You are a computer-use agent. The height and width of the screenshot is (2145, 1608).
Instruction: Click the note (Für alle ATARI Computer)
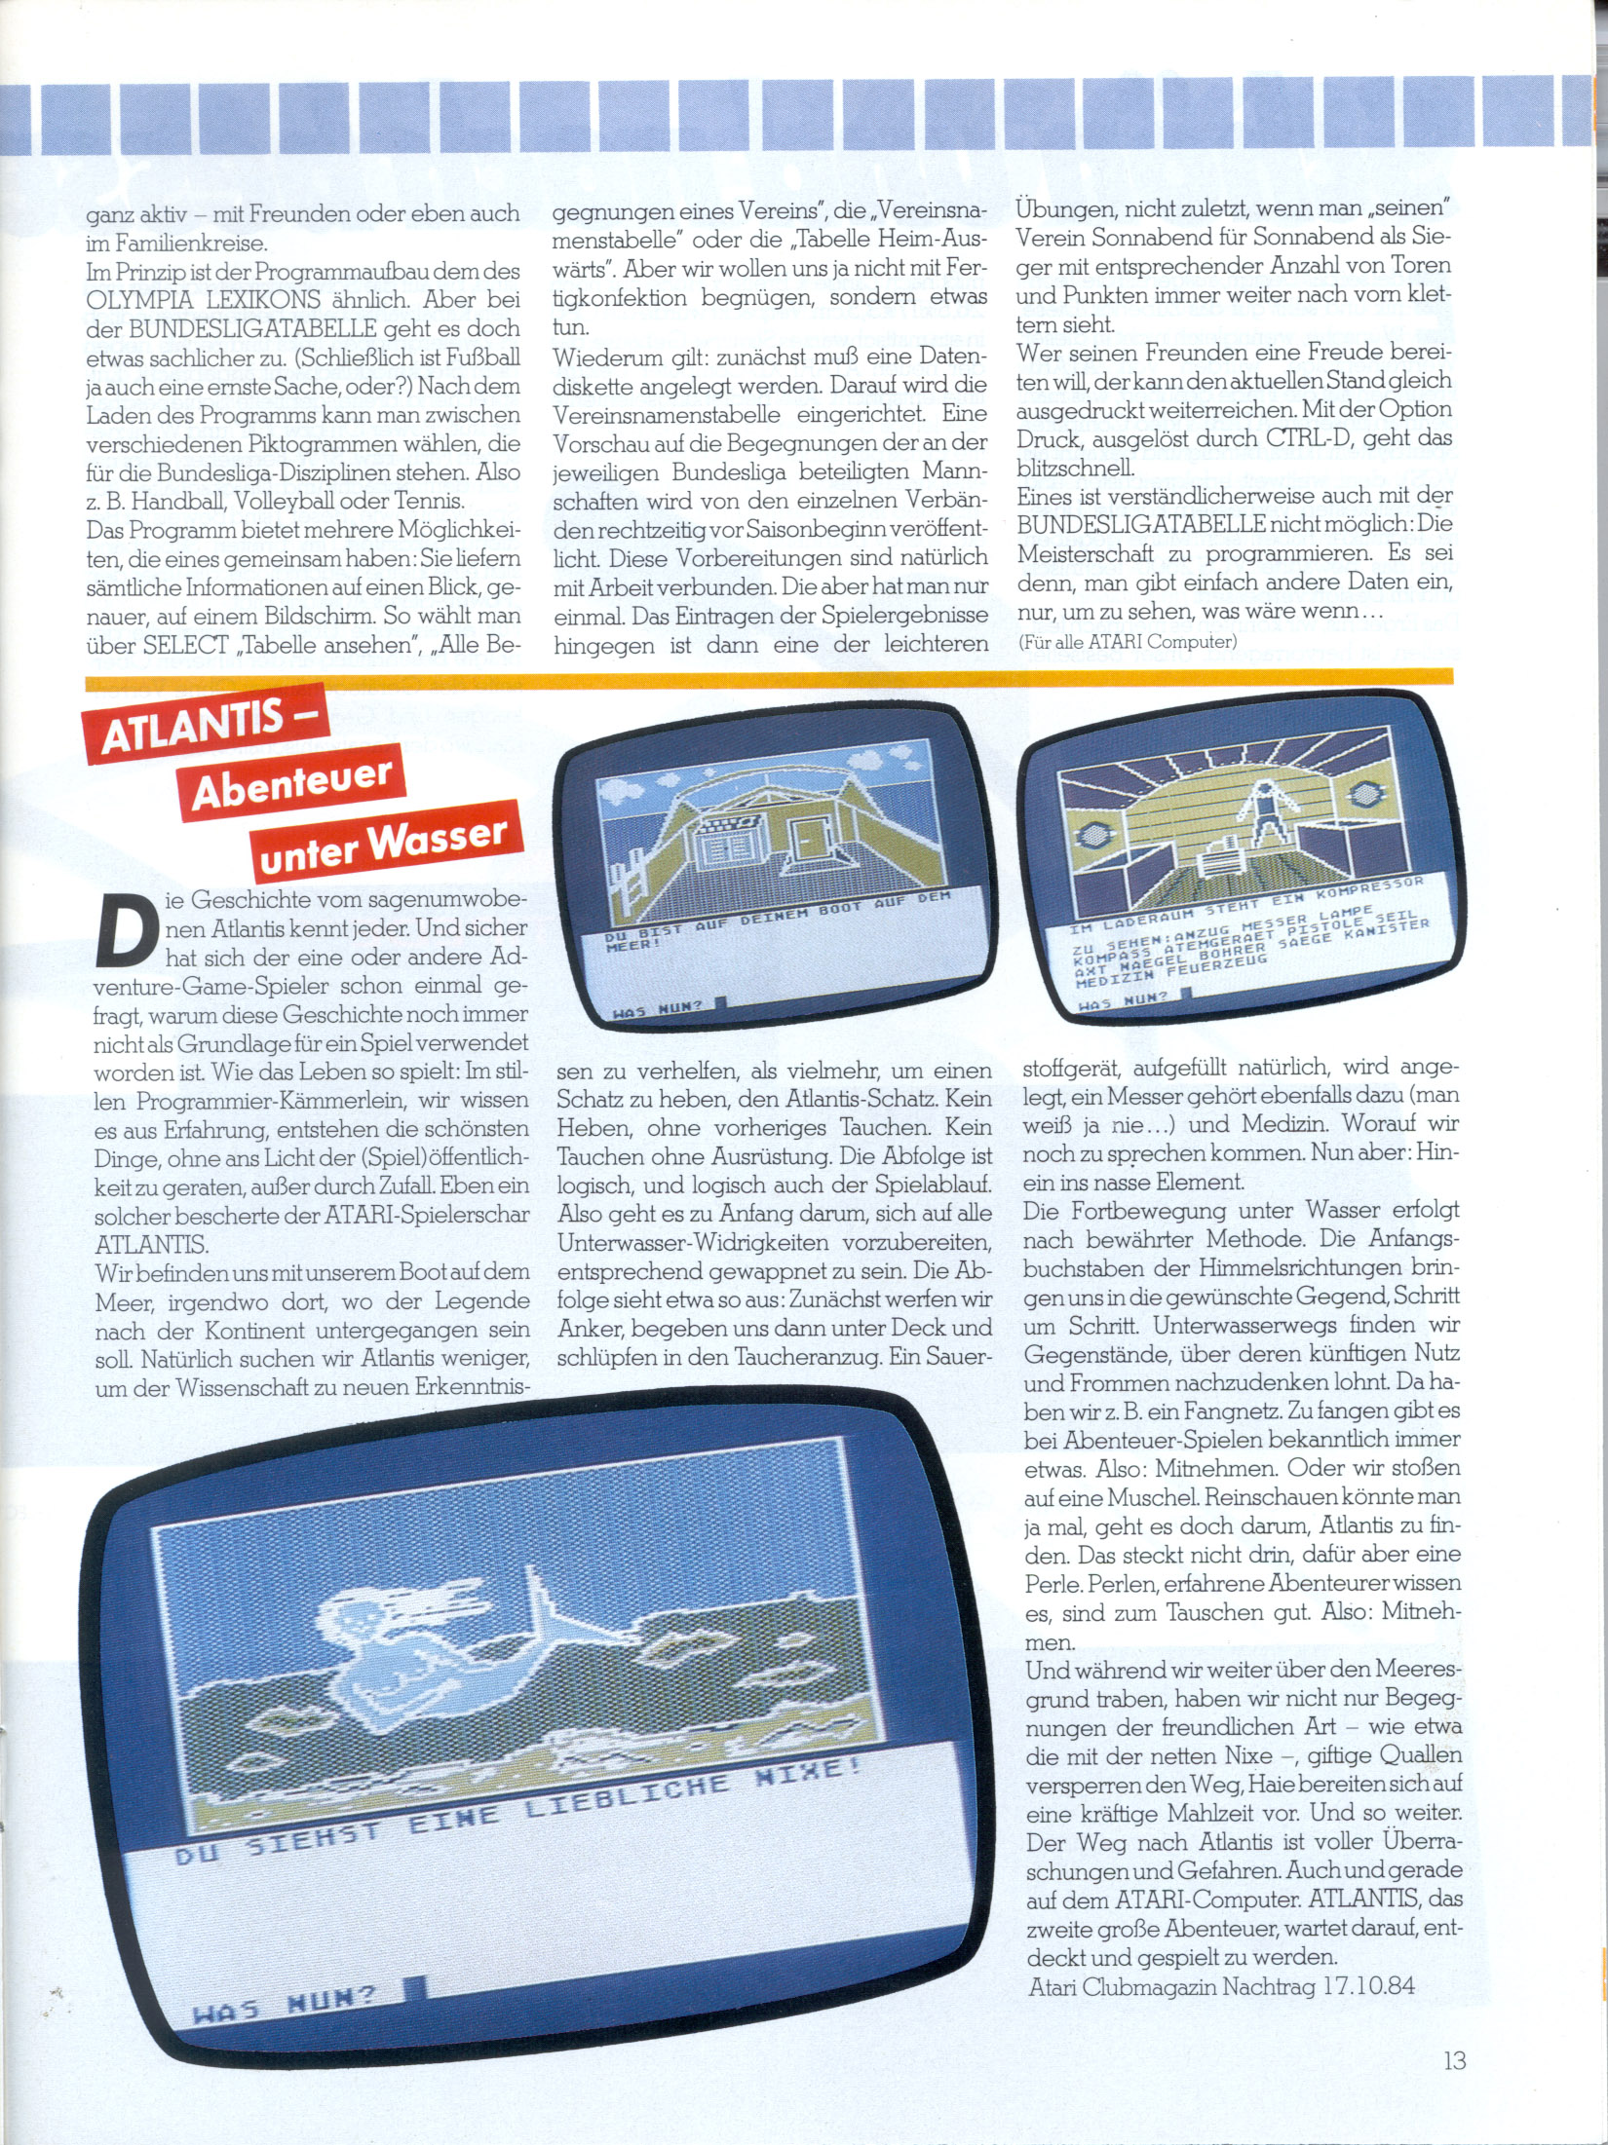pyautogui.click(x=1128, y=641)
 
